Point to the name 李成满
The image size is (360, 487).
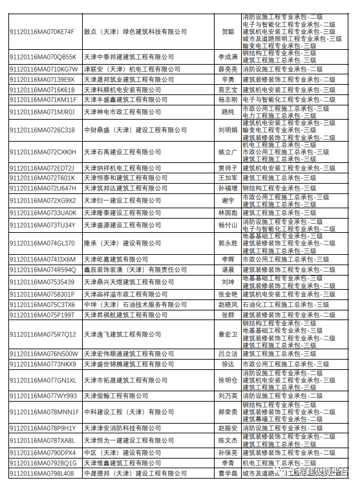click(x=228, y=57)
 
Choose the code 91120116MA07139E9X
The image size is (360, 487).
click(x=42, y=80)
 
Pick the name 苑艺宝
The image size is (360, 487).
click(x=228, y=90)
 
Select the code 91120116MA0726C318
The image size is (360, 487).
click(x=42, y=130)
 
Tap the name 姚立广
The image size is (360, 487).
click(x=228, y=153)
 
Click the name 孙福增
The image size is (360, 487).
click(x=228, y=188)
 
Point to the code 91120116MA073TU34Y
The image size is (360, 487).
click(x=42, y=225)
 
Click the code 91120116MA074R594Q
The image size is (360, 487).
click(x=43, y=270)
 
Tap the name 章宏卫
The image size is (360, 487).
click(x=228, y=334)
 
